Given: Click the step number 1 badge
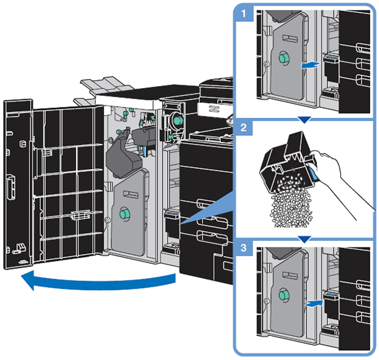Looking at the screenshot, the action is (244, 14).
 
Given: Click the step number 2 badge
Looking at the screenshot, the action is (244, 128).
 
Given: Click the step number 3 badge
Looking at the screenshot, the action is (244, 247).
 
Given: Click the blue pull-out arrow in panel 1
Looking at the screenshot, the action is (310, 65).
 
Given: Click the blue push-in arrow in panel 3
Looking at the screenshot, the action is (314, 304).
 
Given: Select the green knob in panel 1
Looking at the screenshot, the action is (284, 58).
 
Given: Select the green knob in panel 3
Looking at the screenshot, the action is (283, 295).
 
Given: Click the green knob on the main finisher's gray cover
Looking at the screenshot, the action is (125, 214).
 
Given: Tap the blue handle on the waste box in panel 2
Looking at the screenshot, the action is (314, 174).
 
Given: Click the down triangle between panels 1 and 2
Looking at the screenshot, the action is (304, 119).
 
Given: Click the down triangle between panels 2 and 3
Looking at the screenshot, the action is (304, 240).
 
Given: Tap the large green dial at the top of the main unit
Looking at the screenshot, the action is (178, 120).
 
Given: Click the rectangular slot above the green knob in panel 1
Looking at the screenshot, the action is (290, 38).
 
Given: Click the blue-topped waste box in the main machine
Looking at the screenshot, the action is (172, 223).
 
